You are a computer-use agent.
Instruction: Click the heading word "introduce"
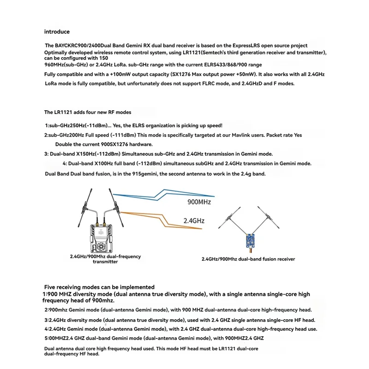coord(57,32)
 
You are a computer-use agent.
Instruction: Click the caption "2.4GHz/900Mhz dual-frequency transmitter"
coord(105,259)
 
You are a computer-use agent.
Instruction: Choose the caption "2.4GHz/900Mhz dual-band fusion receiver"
coord(249,259)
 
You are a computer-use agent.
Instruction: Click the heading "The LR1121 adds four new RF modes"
coord(88,112)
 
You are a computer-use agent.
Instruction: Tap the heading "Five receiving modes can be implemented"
coord(99,287)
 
